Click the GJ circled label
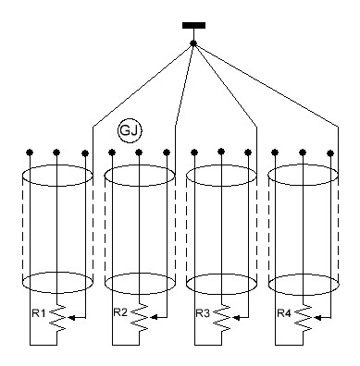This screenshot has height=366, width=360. pos(130,130)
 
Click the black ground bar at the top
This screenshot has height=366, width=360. pos(193,25)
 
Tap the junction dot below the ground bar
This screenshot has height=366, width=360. pos(193,43)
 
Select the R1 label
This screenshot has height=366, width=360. pos(39,313)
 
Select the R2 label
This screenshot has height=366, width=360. pos(120,312)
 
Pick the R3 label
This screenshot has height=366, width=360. pos(203,313)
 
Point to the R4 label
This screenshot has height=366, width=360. pos(284,313)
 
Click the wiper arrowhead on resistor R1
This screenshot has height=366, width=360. pos(71,317)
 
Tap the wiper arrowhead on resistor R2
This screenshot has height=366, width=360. pos(154,317)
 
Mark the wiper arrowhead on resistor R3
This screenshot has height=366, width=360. pos(236,317)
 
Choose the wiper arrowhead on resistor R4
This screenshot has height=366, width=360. pos(317,317)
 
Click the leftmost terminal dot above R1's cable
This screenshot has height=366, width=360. pos(30,152)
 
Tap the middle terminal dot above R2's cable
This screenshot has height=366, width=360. pos(139,152)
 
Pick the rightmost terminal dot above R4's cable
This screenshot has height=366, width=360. pos(330,152)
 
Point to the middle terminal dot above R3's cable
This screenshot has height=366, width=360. pos(221,152)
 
